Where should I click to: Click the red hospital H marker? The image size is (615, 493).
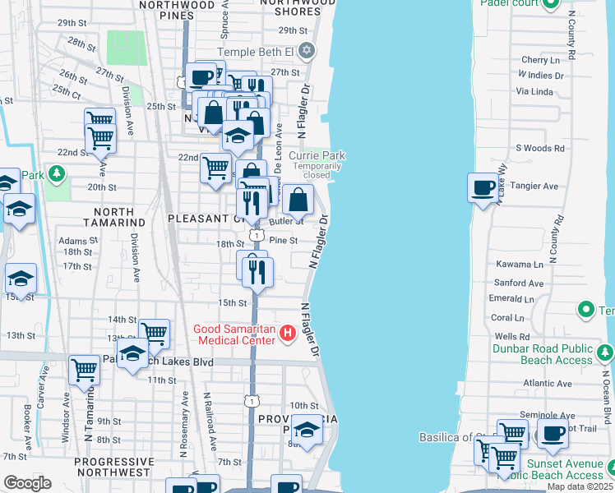click(288, 334)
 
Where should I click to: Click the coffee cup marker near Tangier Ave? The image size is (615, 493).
click(482, 187)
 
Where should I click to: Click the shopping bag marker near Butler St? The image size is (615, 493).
click(298, 199)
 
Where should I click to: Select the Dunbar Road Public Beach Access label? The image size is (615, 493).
click(543, 354)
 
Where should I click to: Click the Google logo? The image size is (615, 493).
click(27, 482)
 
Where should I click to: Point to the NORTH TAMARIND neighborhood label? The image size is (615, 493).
click(115, 217)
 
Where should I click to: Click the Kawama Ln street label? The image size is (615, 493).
click(520, 265)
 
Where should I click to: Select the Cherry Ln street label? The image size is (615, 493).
click(540, 60)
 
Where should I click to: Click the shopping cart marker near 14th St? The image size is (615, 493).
click(154, 334)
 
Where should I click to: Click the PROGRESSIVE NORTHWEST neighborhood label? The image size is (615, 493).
click(113, 467)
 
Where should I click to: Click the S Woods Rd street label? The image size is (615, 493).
click(540, 149)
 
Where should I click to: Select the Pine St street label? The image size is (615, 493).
click(282, 241)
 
